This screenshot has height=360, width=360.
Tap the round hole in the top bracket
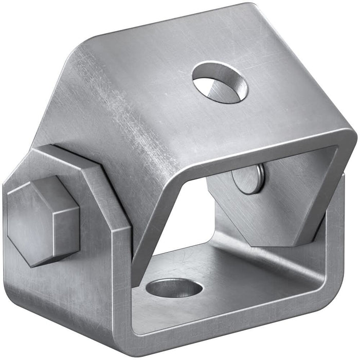coord(220,82)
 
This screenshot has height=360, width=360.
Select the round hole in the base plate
coord(174,288)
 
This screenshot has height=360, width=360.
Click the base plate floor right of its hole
coord(247,278)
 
